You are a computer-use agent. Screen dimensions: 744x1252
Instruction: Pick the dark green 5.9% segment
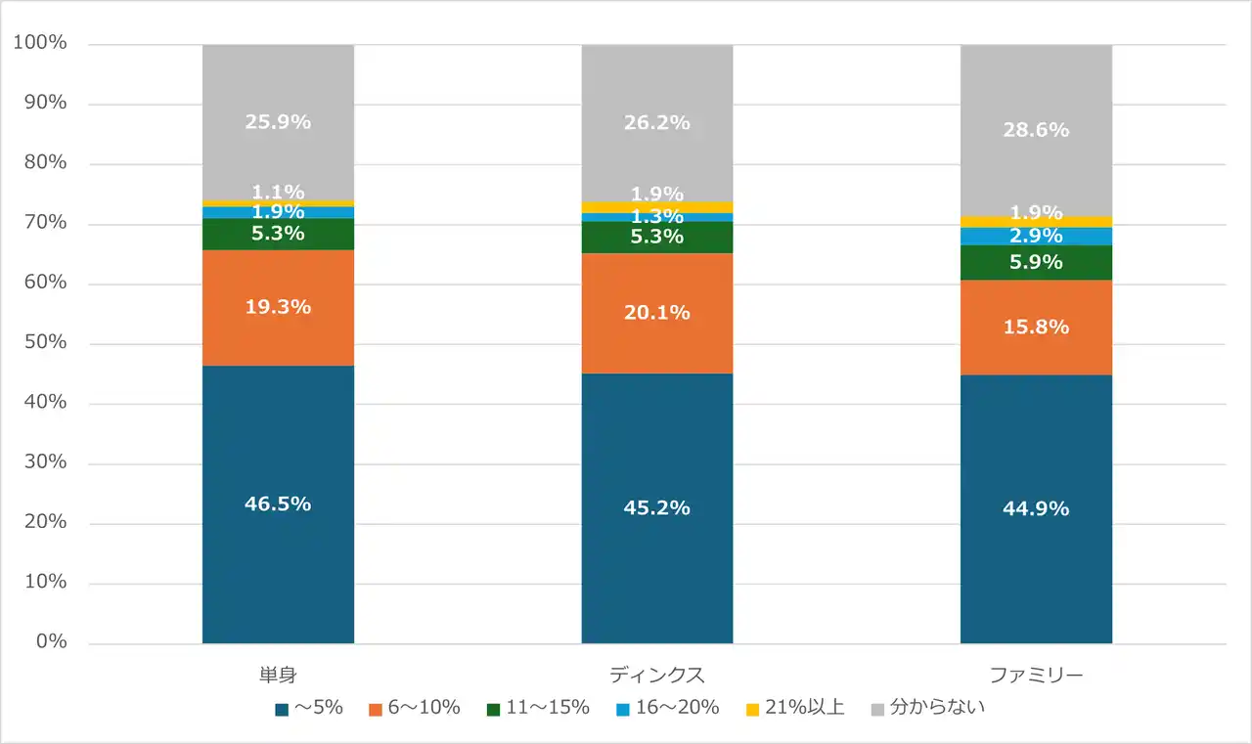tap(1036, 262)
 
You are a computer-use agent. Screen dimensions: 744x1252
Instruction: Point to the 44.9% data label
tap(1036, 508)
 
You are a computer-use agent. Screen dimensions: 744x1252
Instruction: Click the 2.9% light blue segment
tap(1036, 236)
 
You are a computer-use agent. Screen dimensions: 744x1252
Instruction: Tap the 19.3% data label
tap(278, 306)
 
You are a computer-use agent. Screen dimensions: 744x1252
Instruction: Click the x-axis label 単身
tap(278, 675)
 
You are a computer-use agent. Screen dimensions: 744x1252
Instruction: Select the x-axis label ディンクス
tap(656, 675)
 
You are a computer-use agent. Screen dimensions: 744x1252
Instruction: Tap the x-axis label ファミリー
tap(1036, 675)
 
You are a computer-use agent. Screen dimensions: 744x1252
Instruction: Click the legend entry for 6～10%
tap(416, 708)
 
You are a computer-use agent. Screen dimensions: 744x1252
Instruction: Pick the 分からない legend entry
tap(928, 708)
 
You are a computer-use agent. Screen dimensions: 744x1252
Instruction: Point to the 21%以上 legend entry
tap(794, 708)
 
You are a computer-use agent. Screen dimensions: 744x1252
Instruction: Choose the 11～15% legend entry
tap(540, 708)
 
